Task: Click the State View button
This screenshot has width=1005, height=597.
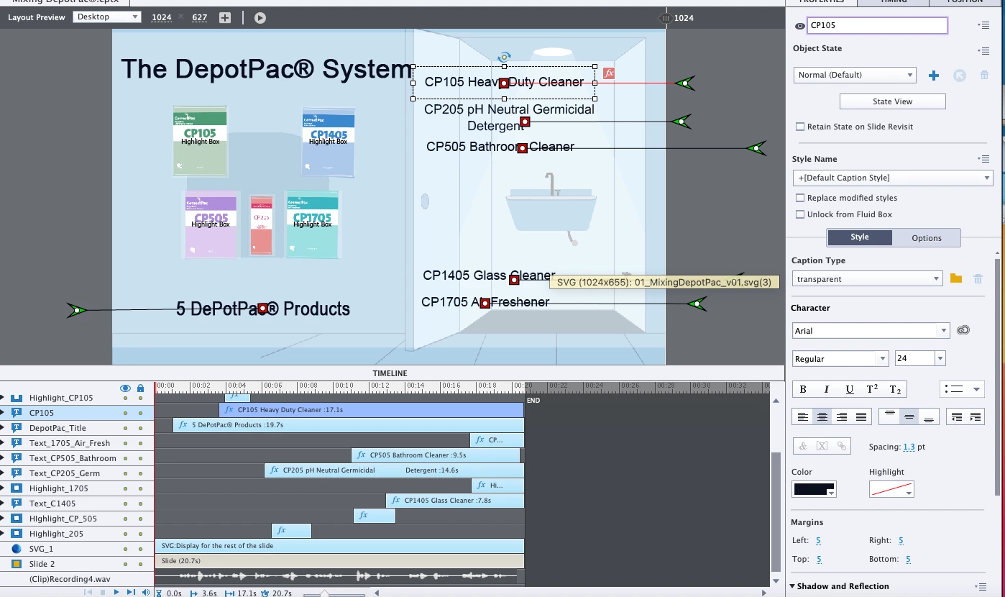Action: (x=892, y=101)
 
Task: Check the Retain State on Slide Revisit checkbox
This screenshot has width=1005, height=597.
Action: (x=800, y=127)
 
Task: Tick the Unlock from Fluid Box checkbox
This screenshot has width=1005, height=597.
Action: (x=800, y=214)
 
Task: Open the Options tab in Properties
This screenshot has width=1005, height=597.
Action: (x=926, y=238)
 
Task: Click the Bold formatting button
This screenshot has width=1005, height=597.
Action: (x=803, y=389)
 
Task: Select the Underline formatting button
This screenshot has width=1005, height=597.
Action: (x=850, y=389)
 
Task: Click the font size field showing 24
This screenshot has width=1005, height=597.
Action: (x=914, y=358)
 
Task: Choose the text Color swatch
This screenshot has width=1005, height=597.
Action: (x=814, y=490)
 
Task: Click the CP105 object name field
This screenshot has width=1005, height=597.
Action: (x=876, y=26)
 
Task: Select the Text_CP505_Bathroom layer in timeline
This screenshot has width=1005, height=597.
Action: (x=73, y=458)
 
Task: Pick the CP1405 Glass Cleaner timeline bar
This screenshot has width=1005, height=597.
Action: (x=454, y=501)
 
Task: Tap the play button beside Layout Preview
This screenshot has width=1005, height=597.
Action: (x=260, y=17)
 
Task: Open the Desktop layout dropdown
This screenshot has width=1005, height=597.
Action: (x=106, y=17)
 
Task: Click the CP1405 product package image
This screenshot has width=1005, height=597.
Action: (x=328, y=142)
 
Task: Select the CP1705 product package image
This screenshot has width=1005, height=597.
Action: (x=312, y=224)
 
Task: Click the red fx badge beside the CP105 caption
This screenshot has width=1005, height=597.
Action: (x=609, y=73)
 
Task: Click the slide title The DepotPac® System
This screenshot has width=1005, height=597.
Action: (x=266, y=69)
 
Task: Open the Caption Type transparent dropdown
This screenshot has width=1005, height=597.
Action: (x=867, y=279)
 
